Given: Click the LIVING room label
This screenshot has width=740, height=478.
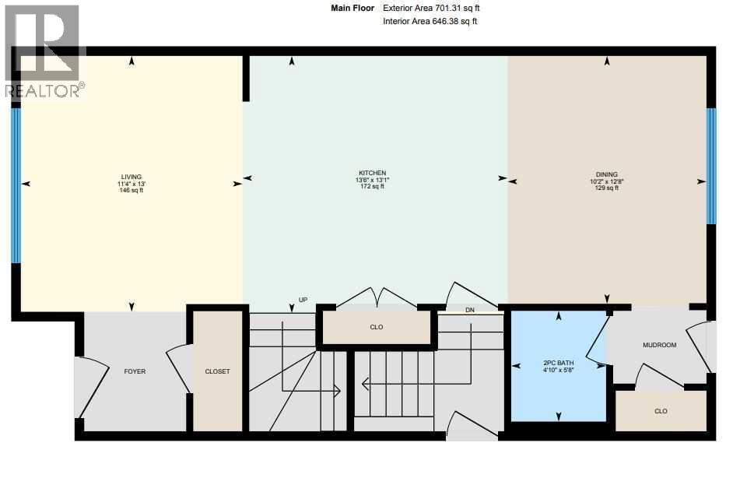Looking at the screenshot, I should pyautogui.click(x=131, y=177).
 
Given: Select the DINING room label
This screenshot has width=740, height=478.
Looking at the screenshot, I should pyautogui.click(x=606, y=174).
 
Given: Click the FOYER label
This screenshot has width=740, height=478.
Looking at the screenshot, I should pyautogui.click(x=135, y=371).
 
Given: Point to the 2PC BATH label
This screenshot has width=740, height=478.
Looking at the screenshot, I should pyautogui.click(x=558, y=363).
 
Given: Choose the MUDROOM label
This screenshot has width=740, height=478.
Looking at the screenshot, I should pyautogui.click(x=659, y=345).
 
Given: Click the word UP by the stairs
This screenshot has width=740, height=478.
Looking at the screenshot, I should pyautogui.click(x=303, y=300).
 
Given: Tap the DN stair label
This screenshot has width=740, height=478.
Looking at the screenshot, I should pyautogui.click(x=469, y=310).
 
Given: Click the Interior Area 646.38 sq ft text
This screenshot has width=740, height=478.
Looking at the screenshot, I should pyautogui.click(x=430, y=22).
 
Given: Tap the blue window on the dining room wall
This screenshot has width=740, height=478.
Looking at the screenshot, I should pyautogui.click(x=710, y=165).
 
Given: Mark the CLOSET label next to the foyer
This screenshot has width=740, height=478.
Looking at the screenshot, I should pyautogui.click(x=217, y=371).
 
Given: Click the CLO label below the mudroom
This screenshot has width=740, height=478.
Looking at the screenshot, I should pyautogui.click(x=661, y=411).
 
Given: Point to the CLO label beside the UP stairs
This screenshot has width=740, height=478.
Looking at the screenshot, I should pyautogui.click(x=377, y=328).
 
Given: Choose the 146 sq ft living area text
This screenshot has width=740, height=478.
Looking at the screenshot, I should pyautogui.click(x=131, y=190).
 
